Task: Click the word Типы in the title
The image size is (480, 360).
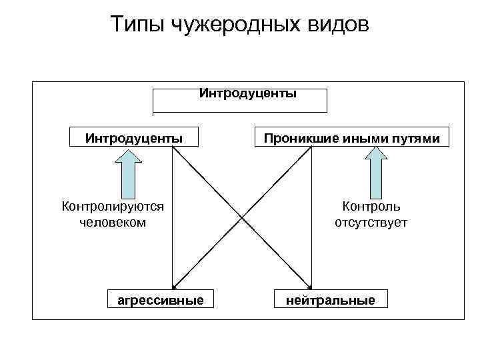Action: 137,25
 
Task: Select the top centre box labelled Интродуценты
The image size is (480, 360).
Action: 240,99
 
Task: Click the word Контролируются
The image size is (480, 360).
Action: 113,207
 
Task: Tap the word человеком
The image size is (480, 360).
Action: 113,222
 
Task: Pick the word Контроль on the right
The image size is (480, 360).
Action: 371,207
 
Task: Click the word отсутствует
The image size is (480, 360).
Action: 371,222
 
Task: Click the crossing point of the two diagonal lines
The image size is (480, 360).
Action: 243,217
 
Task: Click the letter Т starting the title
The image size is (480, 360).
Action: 117,25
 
